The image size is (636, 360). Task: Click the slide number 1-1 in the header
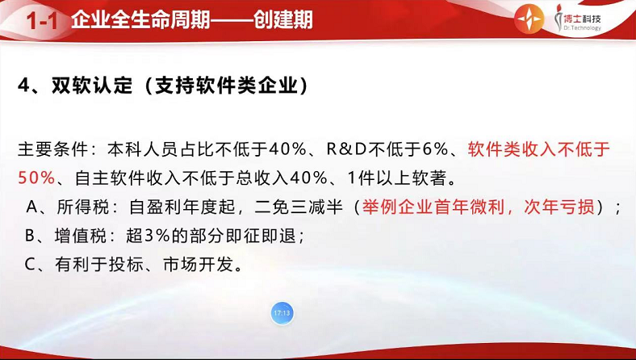tap(42, 20)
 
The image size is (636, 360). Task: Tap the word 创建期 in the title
tap(283, 19)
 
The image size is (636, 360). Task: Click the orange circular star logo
tap(529, 19)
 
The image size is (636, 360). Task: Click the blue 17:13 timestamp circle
tap(282, 313)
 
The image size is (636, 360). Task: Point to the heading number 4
tap(25, 86)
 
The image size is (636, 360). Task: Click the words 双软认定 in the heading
tap(92, 86)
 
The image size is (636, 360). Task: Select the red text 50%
tap(36, 178)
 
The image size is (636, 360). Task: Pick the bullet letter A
tap(32, 207)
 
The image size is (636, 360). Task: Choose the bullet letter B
tap(31, 236)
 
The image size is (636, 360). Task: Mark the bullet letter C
tap(31, 264)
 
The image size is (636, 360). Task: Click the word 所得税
tap(83, 207)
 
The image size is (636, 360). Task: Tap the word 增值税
tap(81, 236)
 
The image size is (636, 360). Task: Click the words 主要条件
tap(52, 150)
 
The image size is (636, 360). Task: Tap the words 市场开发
tap(199, 265)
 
